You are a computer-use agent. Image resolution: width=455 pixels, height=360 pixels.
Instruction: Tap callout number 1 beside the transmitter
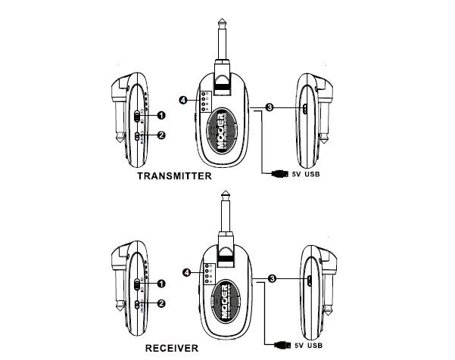point(160,115)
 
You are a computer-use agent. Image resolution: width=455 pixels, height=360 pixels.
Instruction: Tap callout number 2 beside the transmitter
point(160,135)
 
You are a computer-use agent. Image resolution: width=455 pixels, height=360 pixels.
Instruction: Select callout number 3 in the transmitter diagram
point(270,107)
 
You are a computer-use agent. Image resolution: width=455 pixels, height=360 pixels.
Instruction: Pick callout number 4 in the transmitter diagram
point(183,99)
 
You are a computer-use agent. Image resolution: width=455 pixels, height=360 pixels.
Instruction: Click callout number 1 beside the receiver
point(160,284)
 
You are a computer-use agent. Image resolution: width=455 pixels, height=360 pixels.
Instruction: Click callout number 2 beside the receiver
point(160,304)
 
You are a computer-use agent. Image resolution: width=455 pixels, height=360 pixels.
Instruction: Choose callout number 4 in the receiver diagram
point(186,272)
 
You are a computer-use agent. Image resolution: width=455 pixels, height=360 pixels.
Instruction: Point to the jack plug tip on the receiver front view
point(226,194)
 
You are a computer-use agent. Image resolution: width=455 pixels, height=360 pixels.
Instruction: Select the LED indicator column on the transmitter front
point(204,101)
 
